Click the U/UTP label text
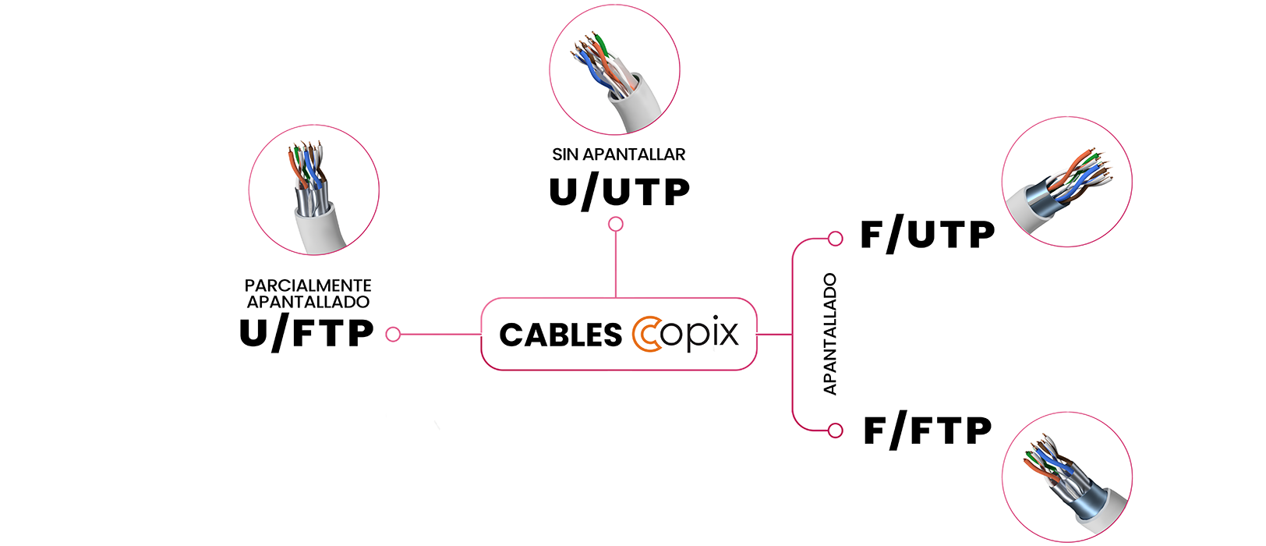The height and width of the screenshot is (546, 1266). pos(619,193)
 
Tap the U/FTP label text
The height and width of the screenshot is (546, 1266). pos(306,334)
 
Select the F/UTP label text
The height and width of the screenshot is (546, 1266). pos(927,235)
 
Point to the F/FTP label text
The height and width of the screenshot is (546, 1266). pos(927,431)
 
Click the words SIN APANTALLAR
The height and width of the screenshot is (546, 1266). pos(618,154)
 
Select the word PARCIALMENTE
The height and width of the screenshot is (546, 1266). pos(308,285)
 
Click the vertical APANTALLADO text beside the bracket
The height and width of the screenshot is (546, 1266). pos(830,334)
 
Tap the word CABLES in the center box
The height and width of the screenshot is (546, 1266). pos(561,335)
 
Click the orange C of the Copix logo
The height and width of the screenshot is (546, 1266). pos(645,334)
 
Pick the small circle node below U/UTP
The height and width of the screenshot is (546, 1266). pos(616,225)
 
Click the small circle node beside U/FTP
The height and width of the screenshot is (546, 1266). pos(393,335)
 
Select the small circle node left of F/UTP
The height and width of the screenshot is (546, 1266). pos(836,239)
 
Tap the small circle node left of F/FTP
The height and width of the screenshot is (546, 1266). pos(836,430)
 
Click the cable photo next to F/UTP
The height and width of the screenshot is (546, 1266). pos(1066,182)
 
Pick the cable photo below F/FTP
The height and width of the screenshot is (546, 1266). pos(1066,477)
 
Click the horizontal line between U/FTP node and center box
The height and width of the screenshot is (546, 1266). pos(440,335)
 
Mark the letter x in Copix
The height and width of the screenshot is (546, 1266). pos(726,334)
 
